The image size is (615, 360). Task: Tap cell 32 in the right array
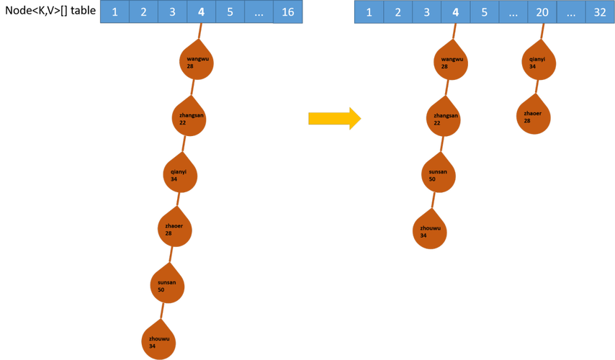coord(598,12)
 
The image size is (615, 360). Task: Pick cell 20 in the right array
coord(542,12)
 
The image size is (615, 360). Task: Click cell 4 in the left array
coord(201,12)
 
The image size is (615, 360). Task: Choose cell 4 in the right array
coord(454,12)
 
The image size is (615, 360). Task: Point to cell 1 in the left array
coord(115,12)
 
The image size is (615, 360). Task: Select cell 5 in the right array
coord(484,12)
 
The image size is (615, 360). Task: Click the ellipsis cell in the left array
coord(259,12)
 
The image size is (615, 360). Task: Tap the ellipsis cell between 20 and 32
coord(570,12)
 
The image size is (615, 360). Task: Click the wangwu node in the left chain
coord(197,63)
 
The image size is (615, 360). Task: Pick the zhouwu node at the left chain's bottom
coord(158,341)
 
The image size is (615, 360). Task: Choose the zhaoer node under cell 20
coord(534,115)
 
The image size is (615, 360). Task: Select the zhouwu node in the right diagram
coord(430,232)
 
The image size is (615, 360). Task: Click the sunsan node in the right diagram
coord(439,175)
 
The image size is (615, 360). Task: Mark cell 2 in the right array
coord(397,12)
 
